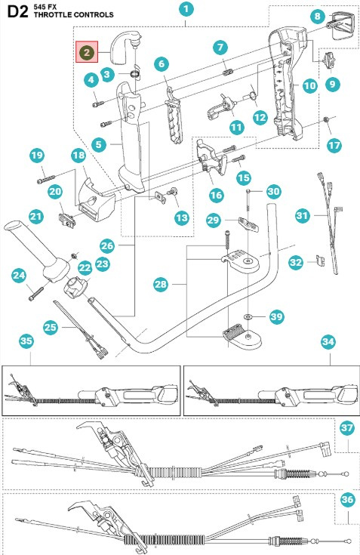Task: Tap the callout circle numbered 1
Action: pyautogui.click(x=186, y=10)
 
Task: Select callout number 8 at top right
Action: pyautogui.click(x=318, y=17)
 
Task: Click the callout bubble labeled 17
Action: pyautogui.click(x=334, y=142)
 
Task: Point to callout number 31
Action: pyautogui.click(x=303, y=216)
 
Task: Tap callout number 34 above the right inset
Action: pyautogui.click(x=328, y=341)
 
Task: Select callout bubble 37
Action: pyautogui.click(x=346, y=428)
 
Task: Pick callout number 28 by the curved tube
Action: pyautogui.click(x=160, y=285)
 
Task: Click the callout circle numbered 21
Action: pyautogui.click(x=35, y=217)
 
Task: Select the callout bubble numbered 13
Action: pyautogui.click(x=182, y=217)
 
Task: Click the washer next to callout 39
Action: pyautogui.click(x=249, y=315)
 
